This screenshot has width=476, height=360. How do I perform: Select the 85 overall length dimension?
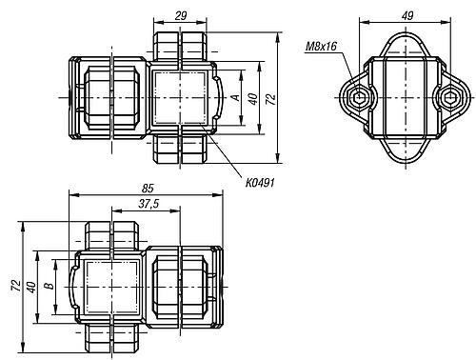[x=145, y=190]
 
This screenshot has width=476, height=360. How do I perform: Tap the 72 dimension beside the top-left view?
[x=271, y=98]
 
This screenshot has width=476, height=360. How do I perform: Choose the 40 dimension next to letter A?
[x=253, y=97]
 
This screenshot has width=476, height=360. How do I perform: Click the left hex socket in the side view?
[x=356, y=97]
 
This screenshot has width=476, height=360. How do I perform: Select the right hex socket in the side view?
[x=449, y=97]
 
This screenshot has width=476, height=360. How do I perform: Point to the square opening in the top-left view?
[x=179, y=98]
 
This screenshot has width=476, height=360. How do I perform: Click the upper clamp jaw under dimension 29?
[x=180, y=47]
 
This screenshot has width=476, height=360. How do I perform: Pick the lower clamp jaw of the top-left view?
[x=180, y=150]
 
